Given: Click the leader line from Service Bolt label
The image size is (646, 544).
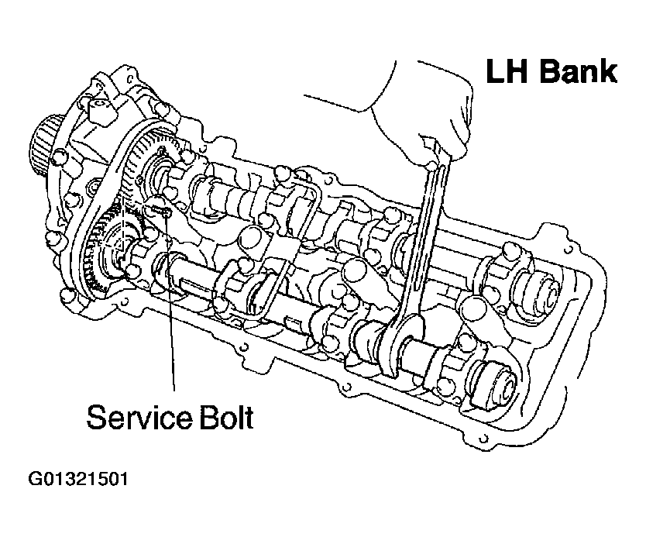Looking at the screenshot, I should [172, 310].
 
